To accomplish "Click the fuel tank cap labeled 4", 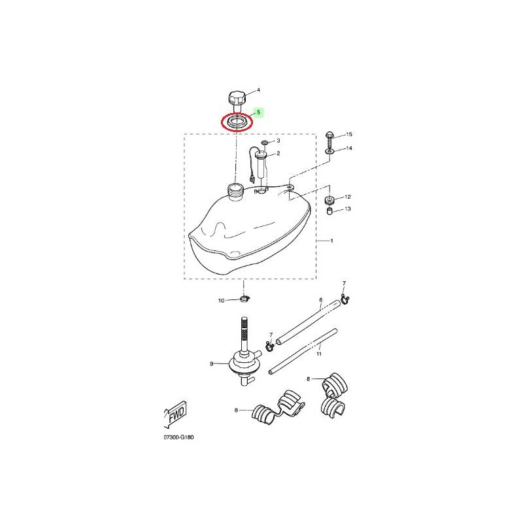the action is click(x=237, y=102).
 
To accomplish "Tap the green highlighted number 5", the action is click(x=258, y=112).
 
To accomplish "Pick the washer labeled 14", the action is click(x=329, y=152).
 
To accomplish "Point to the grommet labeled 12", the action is click(x=329, y=201).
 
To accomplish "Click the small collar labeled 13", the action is click(x=329, y=211).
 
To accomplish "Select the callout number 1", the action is click(x=331, y=241).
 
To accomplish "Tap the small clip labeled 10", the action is click(x=245, y=298).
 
